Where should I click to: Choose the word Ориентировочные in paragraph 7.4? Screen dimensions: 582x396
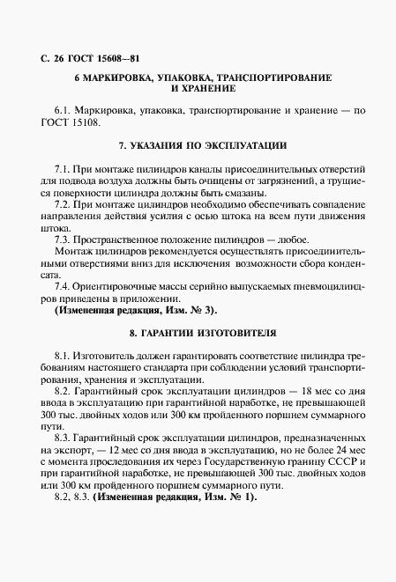pos(122,286)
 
